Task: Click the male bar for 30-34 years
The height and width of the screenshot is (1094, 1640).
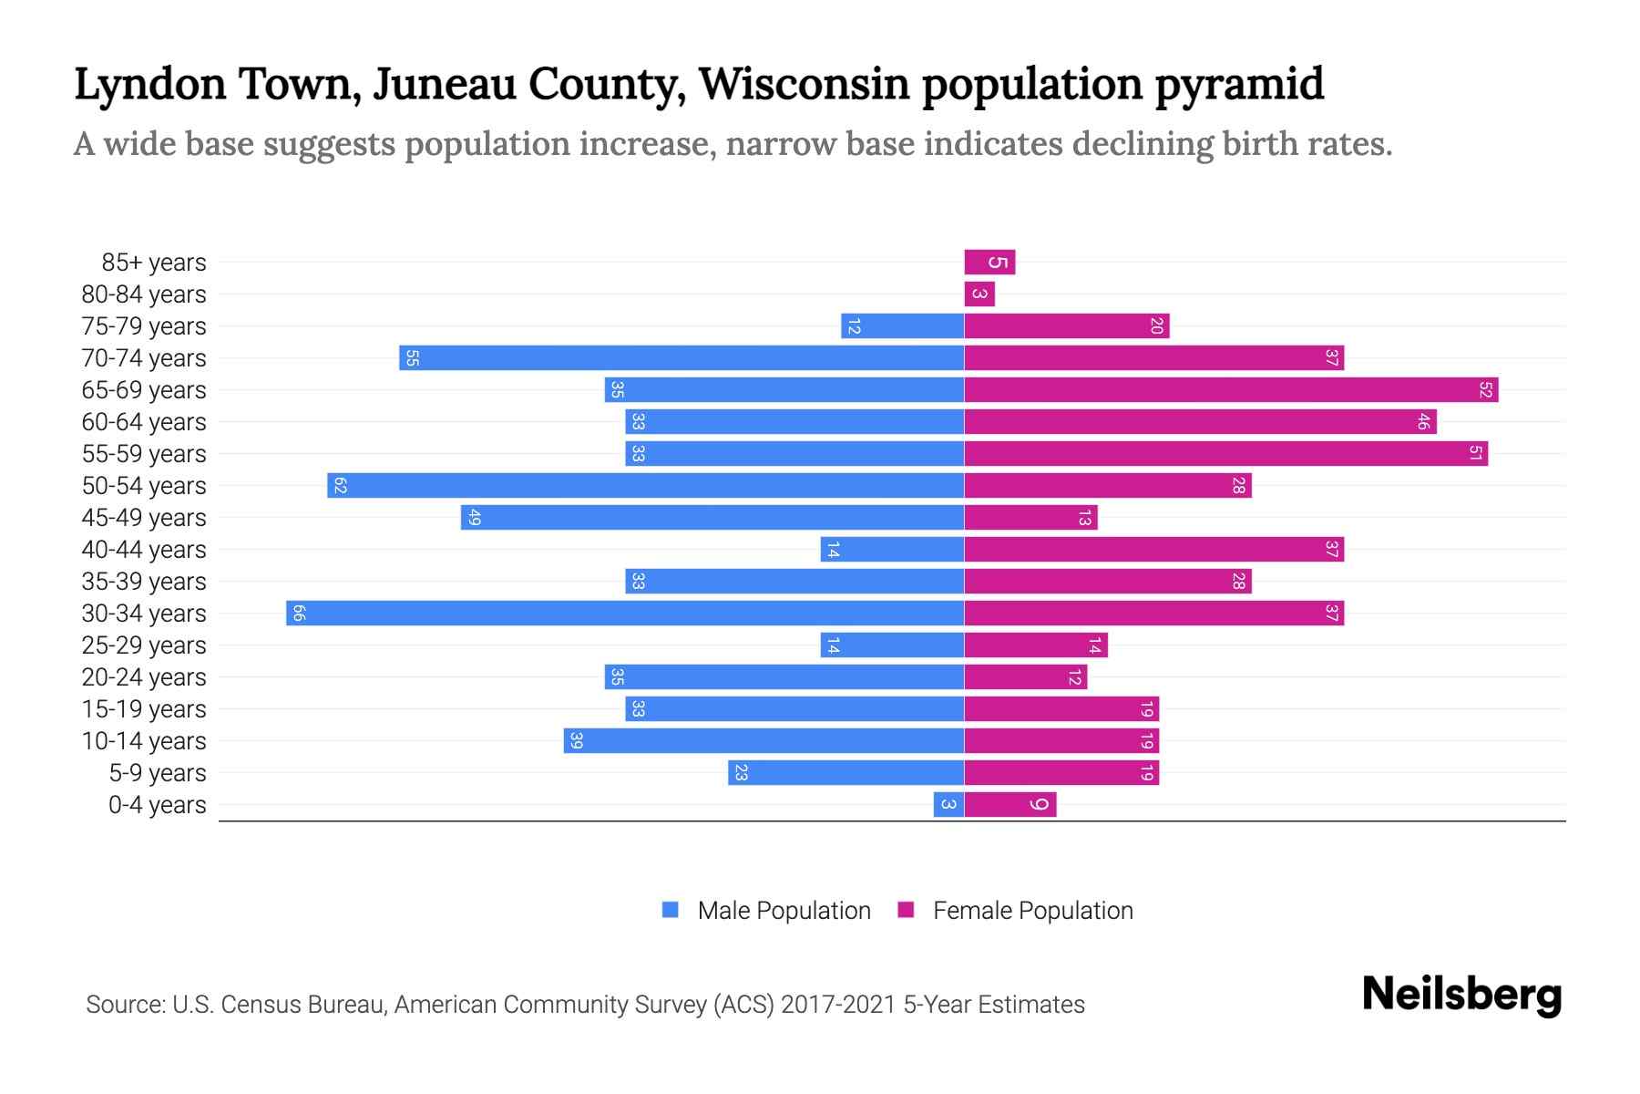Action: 625,613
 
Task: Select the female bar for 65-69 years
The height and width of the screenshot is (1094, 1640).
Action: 1231,389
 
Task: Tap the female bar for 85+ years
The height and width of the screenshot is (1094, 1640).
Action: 989,263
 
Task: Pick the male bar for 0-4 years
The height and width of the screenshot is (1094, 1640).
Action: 948,804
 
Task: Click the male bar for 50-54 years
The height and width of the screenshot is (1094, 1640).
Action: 645,485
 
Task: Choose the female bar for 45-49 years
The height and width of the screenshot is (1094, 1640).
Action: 1030,517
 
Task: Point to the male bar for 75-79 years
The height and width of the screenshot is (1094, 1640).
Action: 902,325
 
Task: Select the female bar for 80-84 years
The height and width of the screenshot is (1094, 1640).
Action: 979,294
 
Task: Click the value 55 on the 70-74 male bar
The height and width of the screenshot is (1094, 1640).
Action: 412,358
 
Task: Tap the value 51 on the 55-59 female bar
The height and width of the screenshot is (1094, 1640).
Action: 1475,453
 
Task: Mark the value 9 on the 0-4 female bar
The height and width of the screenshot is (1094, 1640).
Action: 1038,804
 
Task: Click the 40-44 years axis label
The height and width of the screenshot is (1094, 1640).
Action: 144,550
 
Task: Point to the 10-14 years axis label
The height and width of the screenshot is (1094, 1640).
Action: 144,741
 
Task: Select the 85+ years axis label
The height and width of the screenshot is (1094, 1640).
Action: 154,263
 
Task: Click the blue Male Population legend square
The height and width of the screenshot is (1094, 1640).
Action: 671,910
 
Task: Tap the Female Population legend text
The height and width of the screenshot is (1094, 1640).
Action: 1032,910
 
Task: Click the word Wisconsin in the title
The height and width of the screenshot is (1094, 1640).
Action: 804,84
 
